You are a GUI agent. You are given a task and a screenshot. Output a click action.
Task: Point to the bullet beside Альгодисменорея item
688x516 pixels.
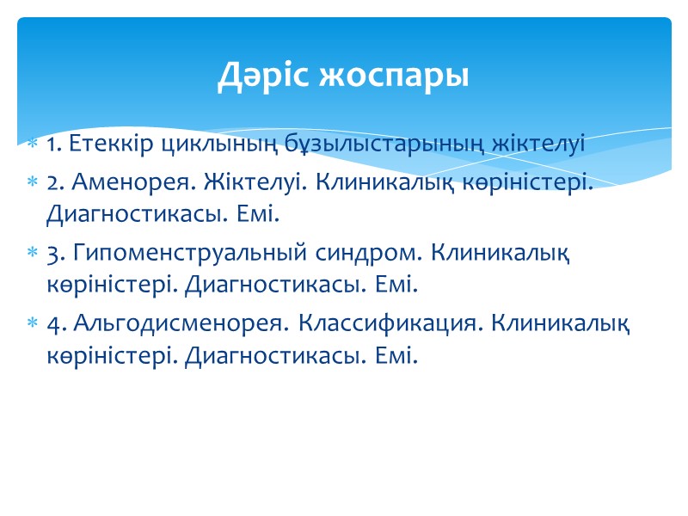pos(32,324)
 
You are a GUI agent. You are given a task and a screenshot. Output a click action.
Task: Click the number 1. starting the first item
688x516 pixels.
pos(53,144)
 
